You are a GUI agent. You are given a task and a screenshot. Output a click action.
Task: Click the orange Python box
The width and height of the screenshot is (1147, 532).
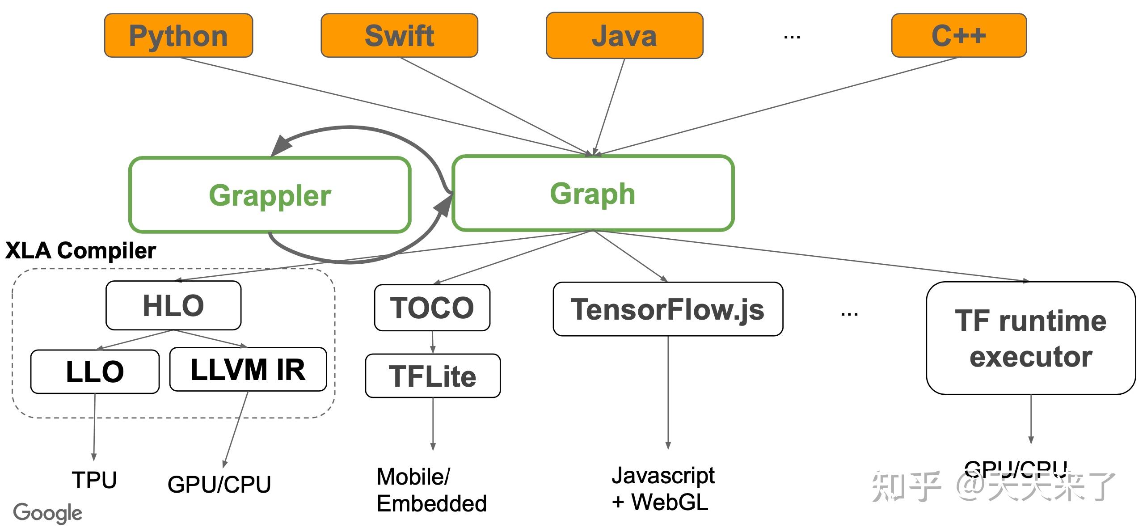click(x=178, y=35)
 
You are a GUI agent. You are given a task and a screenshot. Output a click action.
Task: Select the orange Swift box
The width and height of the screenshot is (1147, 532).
click(x=399, y=35)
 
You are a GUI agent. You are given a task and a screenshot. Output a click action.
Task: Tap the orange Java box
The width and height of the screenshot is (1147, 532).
click(x=624, y=36)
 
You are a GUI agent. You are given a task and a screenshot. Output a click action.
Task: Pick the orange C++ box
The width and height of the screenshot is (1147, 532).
click(x=958, y=35)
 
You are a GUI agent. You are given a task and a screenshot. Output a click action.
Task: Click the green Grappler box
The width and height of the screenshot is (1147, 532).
click(x=270, y=195)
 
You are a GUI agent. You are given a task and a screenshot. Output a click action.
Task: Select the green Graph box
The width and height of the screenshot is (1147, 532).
click(x=593, y=193)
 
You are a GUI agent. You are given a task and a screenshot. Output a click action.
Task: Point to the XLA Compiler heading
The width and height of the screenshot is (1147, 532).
click(x=80, y=250)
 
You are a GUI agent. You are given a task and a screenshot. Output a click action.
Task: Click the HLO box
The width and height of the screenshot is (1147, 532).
click(x=173, y=305)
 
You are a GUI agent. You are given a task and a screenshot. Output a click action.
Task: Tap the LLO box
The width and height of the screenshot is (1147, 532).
click(x=95, y=372)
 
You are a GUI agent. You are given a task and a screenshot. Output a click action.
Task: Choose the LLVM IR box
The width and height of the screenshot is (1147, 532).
click(x=248, y=369)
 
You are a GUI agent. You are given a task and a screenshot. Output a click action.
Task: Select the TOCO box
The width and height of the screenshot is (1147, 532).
click(x=432, y=308)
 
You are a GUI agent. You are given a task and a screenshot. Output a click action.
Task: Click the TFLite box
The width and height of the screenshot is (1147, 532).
click(x=432, y=376)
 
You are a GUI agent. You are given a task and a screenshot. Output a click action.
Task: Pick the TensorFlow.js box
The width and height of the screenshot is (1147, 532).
click(x=667, y=309)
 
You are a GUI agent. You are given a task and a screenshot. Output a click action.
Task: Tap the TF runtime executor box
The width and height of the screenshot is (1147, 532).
click(x=1030, y=338)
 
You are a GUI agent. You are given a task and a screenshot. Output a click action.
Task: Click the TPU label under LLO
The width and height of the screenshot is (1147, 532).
click(x=94, y=480)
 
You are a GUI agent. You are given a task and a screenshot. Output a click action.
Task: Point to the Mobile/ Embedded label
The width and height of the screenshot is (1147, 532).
click(x=431, y=490)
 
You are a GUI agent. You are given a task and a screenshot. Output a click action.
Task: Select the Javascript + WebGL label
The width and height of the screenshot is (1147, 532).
click(x=662, y=489)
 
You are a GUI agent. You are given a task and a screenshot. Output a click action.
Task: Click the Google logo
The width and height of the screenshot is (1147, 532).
click(x=47, y=513)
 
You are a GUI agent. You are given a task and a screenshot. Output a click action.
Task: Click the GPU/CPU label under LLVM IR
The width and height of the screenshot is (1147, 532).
click(x=219, y=484)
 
